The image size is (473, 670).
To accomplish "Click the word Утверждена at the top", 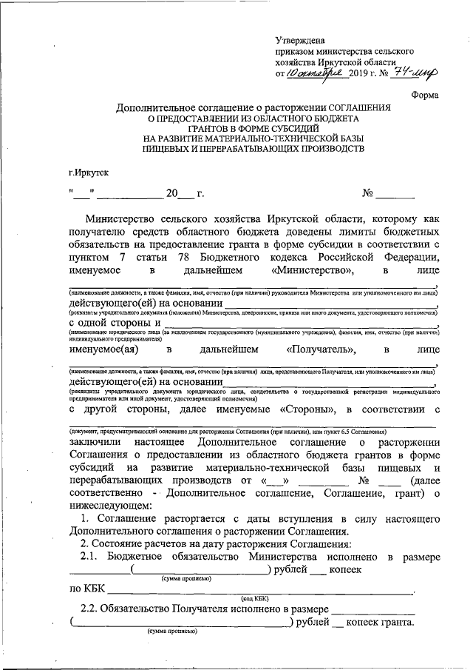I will point(299,39).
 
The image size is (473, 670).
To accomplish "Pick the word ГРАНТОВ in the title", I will point(212,129).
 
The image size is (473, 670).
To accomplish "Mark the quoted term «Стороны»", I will point(310,409).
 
